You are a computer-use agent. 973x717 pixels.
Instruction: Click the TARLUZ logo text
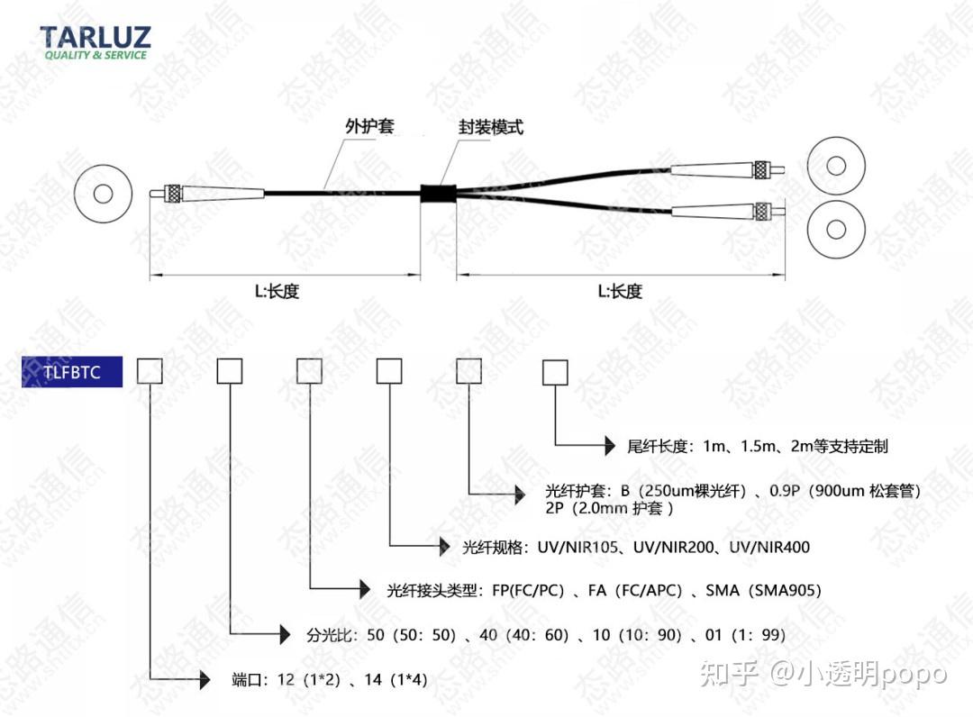pos(95,38)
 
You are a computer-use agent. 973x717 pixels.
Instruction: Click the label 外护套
pos(369,126)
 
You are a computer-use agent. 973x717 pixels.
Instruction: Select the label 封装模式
pos(490,127)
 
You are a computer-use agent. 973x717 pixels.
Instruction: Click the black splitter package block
pos(438,191)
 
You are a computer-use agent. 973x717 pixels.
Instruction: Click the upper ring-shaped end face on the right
pos(837,166)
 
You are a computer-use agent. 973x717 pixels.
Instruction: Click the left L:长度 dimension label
pos(276,292)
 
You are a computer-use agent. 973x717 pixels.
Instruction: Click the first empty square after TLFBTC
pos(149,371)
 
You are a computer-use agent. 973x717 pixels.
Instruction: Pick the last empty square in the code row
pos(553,371)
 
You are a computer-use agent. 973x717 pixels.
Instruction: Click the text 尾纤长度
pos(658,446)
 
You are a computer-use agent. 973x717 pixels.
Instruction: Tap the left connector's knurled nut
pos(172,193)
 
